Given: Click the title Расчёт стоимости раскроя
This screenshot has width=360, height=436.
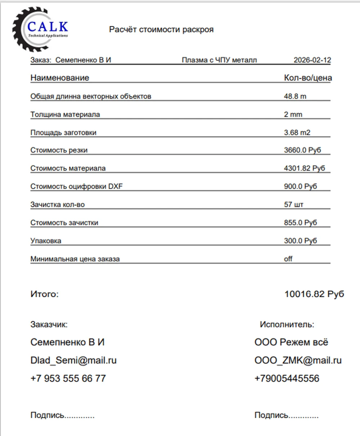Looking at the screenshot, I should (161, 29).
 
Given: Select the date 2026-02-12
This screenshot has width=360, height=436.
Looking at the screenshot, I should (312, 60).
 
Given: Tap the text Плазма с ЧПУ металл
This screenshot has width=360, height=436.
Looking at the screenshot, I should (219, 60).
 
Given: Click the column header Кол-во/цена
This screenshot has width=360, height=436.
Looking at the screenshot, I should (308, 78).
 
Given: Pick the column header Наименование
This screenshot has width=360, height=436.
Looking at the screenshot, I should (60, 78).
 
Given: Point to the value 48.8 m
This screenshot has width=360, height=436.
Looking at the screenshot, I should (295, 96).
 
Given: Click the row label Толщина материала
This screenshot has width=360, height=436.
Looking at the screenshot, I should (65, 114).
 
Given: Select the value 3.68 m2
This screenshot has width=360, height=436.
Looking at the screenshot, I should (297, 132).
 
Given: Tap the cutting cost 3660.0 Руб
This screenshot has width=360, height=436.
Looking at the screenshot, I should (302, 150).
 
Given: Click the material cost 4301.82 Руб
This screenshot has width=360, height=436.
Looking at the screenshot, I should (305, 168).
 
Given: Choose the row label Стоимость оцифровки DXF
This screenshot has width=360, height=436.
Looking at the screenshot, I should (77, 186).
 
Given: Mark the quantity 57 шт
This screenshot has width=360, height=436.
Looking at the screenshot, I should (294, 204).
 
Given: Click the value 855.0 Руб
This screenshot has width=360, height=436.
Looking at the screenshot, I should (301, 222).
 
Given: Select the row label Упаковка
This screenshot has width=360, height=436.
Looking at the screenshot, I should (46, 241).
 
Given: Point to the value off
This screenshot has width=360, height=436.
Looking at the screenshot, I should (288, 259).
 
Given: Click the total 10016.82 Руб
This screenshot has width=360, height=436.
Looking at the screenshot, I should (314, 294).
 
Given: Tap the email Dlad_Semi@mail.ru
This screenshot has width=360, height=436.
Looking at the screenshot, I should (73, 360).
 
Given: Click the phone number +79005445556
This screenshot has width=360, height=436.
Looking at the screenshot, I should (287, 378).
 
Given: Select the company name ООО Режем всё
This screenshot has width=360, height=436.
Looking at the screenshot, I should (291, 342).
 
